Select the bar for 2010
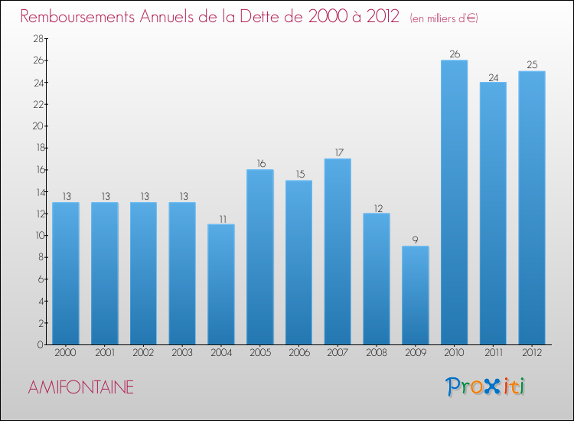(x=454, y=202)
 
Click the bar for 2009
(x=415, y=295)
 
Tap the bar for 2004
(x=221, y=284)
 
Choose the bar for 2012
(x=531, y=207)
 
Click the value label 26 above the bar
(x=454, y=54)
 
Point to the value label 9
(x=415, y=240)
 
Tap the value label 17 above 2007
(x=338, y=152)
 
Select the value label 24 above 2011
(x=493, y=76)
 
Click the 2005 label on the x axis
(x=259, y=354)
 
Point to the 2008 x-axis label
(x=376, y=354)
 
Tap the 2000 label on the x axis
(x=66, y=354)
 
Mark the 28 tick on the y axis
(x=36, y=38)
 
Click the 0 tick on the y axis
(x=39, y=344)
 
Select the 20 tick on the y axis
(x=36, y=126)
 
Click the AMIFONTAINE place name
(x=80, y=388)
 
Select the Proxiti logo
(x=487, y=387)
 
